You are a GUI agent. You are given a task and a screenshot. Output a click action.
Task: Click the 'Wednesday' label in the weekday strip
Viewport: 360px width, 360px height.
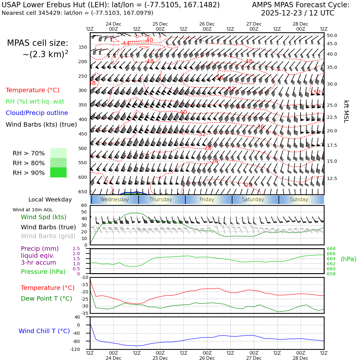(x=115, y=200)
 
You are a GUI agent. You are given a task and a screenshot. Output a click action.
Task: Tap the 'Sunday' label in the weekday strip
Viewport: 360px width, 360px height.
(x=299, y=200)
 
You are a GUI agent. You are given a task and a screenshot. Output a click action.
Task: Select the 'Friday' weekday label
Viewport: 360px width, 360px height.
(x=207, y=200)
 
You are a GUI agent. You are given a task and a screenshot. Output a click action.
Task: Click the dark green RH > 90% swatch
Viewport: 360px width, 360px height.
(x=58, y=172)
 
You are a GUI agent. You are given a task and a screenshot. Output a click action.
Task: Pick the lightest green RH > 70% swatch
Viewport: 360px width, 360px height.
(x=58, y=153)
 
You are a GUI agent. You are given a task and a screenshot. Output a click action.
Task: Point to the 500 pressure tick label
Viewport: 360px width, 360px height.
(x=82, y=148)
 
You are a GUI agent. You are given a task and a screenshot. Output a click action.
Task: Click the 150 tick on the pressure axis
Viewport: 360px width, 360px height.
(x=82, y=47)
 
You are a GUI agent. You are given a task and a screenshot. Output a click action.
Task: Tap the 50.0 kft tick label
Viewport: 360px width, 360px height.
(x=332, y=36)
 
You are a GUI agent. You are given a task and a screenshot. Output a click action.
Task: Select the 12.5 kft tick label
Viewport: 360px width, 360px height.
(x=332, y=179)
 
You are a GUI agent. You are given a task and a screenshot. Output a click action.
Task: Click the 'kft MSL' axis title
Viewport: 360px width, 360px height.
(x=346, y=111)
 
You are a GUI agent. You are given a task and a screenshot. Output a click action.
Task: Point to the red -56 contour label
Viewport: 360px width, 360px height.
(x=219, y=78)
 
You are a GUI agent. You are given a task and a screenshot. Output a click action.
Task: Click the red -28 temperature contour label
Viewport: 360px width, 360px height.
(x=207, y=148)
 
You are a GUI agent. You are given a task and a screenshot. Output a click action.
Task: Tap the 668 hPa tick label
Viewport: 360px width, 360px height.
(x=331, y=249)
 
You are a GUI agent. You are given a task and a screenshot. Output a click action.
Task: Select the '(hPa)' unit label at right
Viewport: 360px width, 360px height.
(x=348, y=259)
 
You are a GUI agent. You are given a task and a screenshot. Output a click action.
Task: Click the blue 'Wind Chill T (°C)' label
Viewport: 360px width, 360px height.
(x=44, y=331)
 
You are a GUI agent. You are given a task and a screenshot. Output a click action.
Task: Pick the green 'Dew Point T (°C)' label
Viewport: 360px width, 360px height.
(x=46, y=298)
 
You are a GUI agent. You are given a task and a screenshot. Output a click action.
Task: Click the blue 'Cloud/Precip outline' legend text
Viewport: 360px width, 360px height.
(x=37, y=113)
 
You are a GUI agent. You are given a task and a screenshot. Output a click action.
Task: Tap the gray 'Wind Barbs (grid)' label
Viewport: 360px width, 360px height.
(x=48, y=236)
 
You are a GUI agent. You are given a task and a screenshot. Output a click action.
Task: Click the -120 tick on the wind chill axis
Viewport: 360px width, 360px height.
(x=75, y=350)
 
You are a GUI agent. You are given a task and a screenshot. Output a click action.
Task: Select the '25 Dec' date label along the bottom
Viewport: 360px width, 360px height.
(x=160, y=358)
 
